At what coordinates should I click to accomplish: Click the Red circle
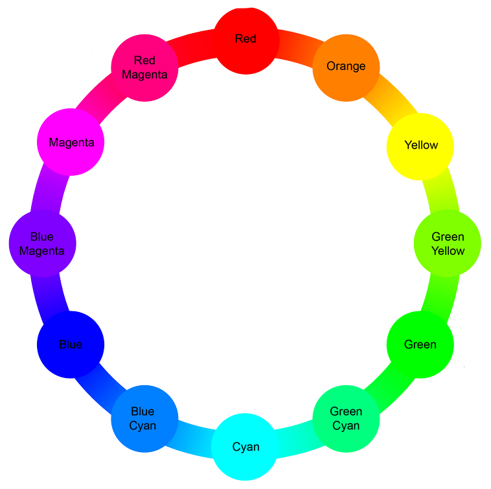(x=246, y=41)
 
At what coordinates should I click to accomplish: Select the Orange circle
(x=346, y=67)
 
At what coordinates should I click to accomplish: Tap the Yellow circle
(x=420, y=147)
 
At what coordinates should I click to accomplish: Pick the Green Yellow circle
(x=447, y=243)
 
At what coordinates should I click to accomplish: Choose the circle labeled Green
(x=420, y=344)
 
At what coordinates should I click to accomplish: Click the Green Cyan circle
(x=346, y=418)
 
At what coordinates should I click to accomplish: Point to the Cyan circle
(x=245, y=446)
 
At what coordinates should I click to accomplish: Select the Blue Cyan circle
(x=144, y=419)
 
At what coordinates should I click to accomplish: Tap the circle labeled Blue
(x=71, y=344)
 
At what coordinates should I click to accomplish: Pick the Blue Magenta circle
(x=43, y=243)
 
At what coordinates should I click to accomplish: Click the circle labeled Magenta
(x=71, y=143)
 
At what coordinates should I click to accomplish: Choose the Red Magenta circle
(x=144, y=68)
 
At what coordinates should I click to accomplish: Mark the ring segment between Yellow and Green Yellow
(x=441, y=193)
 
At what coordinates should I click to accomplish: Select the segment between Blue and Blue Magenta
(x=50, y=294)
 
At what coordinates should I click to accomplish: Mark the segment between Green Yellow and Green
(x=440, y=295)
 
